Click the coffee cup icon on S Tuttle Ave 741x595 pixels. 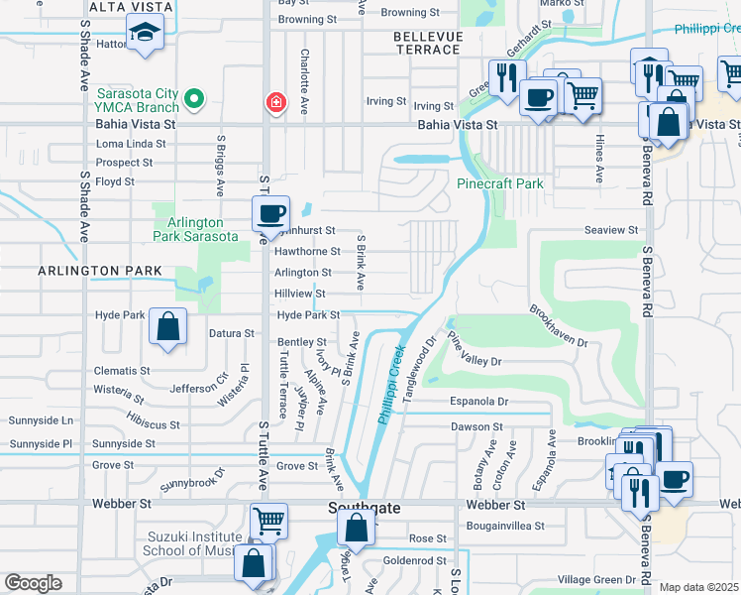click(270, 212)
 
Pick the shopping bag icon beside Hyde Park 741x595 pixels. click(168, 325)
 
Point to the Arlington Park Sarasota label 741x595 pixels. click(195, 229)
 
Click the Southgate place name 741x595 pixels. click(364, 508)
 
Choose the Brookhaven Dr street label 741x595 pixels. click(558, 326)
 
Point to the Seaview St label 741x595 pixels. click(611, 229)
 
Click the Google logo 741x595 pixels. click(33, 583)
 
